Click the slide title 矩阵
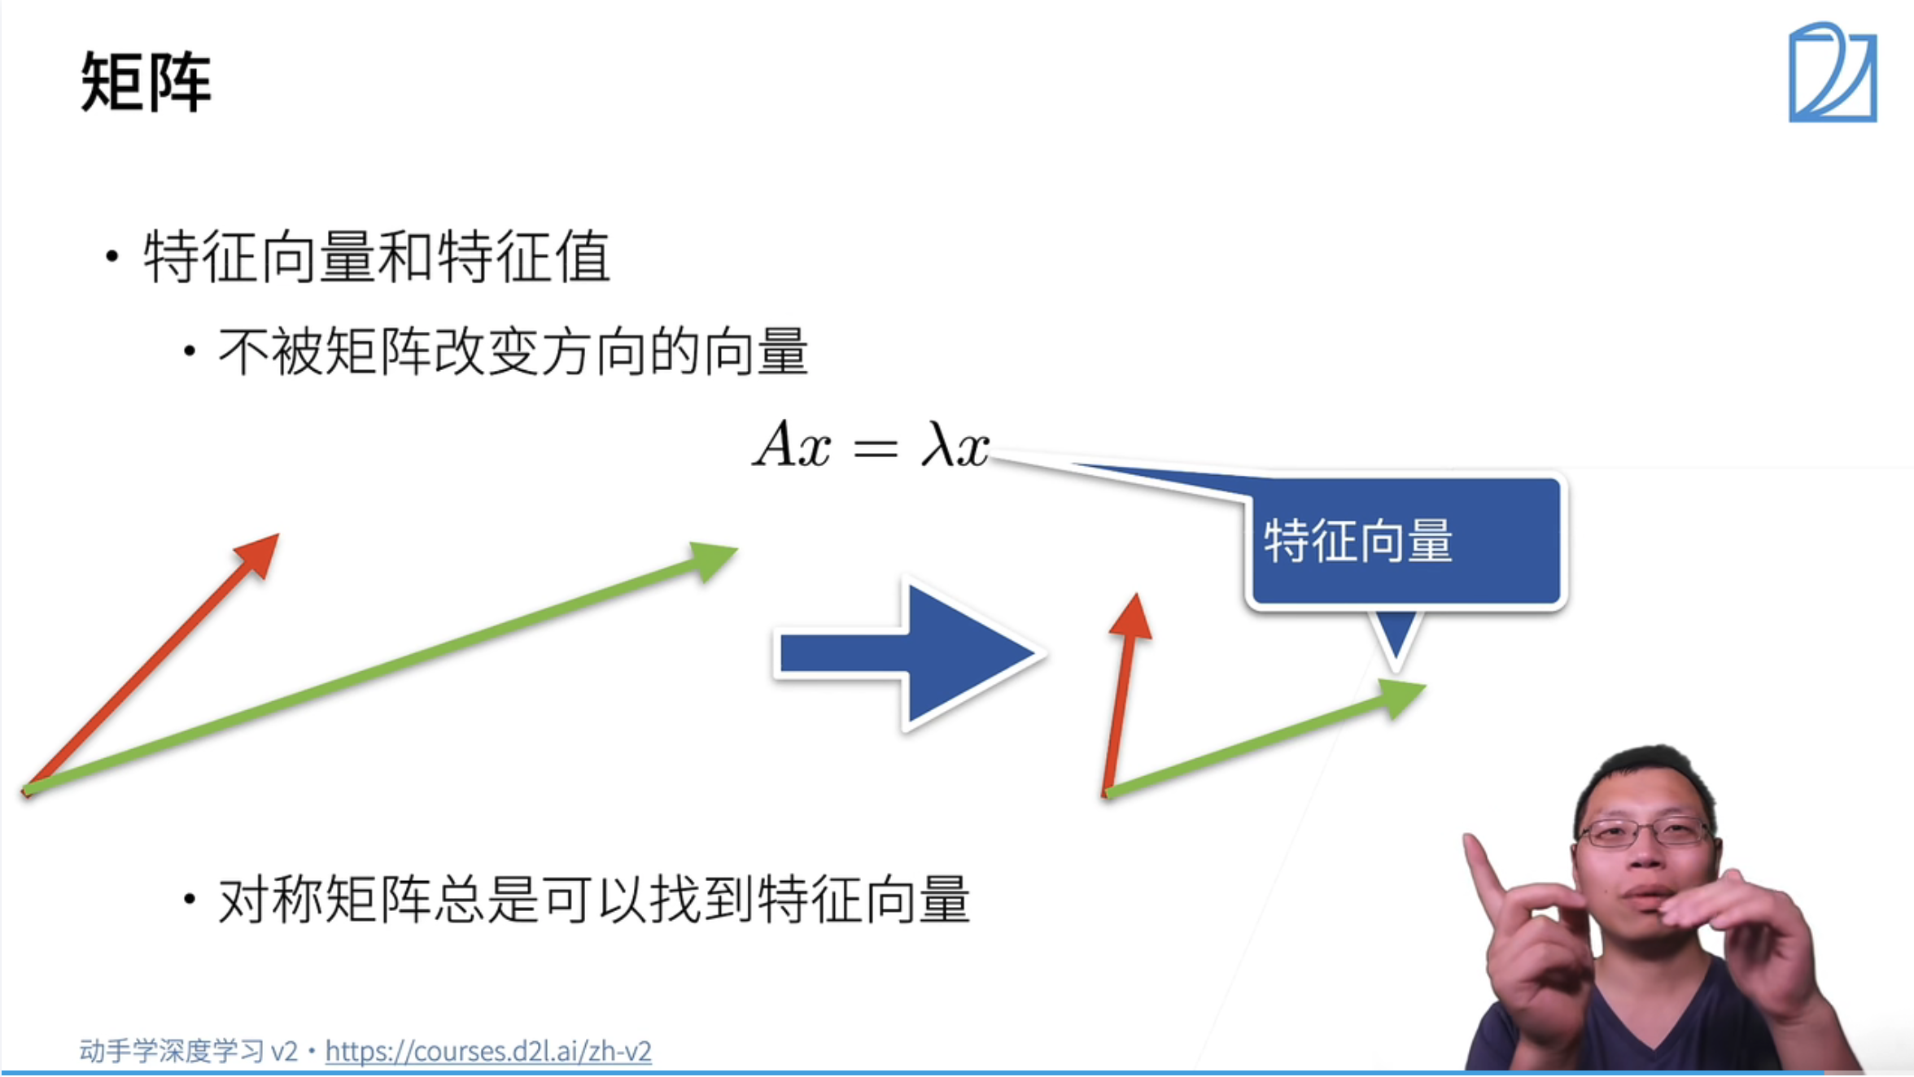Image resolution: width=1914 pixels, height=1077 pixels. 146,81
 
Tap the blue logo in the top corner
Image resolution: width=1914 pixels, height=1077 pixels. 1832,73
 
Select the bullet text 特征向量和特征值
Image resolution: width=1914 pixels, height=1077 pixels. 376,257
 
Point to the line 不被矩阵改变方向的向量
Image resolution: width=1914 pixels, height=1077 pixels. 513,352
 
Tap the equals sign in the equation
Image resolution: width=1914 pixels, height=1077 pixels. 875,448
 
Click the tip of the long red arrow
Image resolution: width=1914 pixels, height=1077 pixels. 267,546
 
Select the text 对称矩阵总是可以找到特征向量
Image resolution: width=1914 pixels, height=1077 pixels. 594,900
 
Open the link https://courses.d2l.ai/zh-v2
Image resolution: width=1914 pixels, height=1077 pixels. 488,1052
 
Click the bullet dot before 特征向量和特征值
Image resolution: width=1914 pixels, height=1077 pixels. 112,257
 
